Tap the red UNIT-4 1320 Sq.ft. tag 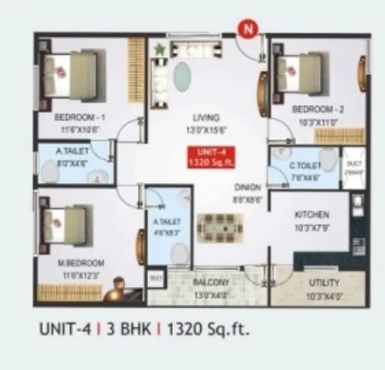click(x=205, y=156)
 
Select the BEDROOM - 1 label click(x=79, y=117)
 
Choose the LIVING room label click(x=205, y=117)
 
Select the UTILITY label click(x=323, y=283)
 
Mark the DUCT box click(x=354, y=167)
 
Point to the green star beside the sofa click(x=159, y=50)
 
